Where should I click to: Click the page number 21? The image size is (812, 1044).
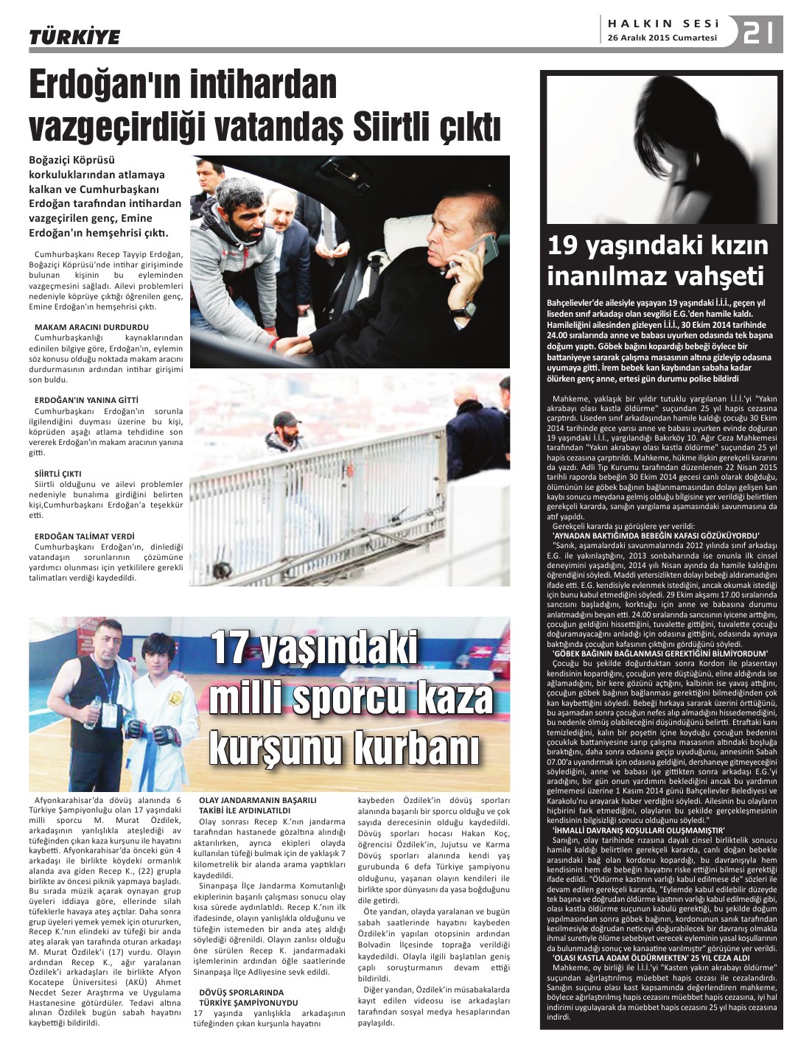[758, 33]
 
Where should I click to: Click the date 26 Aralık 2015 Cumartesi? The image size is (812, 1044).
[662, 38]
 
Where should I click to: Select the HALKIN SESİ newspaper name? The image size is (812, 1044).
[663, 24]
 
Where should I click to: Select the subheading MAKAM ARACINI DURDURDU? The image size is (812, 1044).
[91, 327]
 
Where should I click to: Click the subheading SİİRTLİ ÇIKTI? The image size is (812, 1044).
[58, 474]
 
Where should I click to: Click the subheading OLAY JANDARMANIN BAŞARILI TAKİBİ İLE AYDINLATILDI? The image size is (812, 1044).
[257, 805]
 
